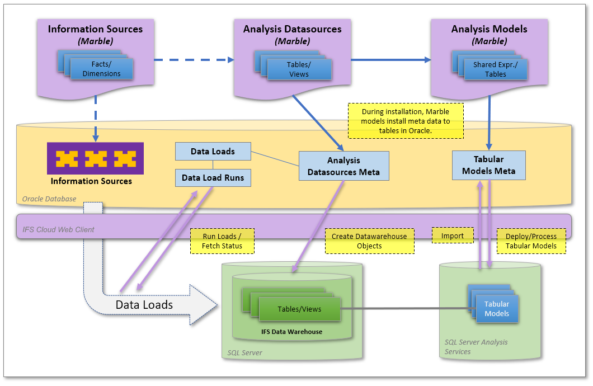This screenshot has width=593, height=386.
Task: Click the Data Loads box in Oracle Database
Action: coord(213,151)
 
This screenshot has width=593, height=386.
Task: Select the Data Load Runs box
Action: coord(213,178)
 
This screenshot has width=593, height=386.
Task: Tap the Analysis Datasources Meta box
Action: coord(343,166)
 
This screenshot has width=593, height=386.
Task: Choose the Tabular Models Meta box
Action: coord(488,165)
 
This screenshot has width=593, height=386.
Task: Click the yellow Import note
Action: coord(453,236)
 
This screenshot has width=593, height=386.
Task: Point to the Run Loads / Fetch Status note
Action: coord(222,241)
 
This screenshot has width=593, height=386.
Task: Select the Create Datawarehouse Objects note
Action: coord(369,241)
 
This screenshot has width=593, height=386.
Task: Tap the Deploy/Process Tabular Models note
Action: coord(531,241)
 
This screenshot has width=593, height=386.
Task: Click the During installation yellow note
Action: coord(406,120)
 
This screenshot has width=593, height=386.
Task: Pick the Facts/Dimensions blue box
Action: coord(102,69)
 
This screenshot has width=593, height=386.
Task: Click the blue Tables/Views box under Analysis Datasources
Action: coord(299,69)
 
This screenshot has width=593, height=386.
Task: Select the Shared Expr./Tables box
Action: coord(496,69)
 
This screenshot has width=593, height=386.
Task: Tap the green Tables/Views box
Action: coord(299,309)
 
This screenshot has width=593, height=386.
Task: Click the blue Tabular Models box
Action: coord(497,309)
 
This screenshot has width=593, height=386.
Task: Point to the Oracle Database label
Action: coord(49,199)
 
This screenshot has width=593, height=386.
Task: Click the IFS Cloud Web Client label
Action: coord(58,229)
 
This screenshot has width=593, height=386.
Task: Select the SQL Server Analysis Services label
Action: coord(476,346)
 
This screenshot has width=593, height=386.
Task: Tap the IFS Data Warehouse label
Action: coord(291,332)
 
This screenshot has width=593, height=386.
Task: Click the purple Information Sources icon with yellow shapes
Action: coord(95,158)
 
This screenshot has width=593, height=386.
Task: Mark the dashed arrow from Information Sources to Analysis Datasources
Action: coord(193,59)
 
